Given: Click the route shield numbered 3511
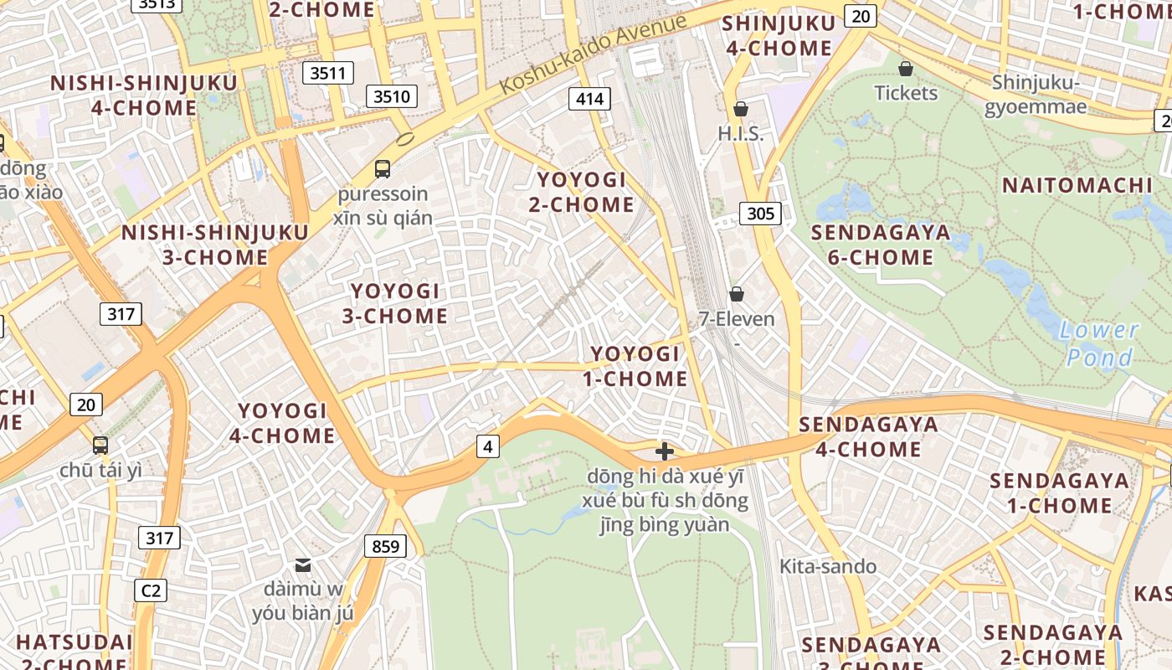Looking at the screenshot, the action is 327,73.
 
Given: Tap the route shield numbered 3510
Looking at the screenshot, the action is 392,96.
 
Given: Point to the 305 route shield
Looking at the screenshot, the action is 760,214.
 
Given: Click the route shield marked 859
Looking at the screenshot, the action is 385,547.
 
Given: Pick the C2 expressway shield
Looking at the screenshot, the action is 151,590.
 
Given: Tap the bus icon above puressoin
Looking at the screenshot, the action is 383,168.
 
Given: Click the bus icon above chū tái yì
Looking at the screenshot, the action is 100,445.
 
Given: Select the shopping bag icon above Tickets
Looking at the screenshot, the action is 905,68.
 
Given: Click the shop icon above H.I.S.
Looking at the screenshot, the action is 740,109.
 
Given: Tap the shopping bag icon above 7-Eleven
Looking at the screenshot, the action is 737,294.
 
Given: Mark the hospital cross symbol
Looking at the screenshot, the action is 665,451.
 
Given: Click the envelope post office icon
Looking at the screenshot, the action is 303,565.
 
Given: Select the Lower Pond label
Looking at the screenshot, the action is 1098,344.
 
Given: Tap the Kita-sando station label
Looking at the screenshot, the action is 828,566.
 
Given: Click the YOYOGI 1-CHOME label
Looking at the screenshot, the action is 635,366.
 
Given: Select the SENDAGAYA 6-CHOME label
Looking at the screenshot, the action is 881,245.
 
